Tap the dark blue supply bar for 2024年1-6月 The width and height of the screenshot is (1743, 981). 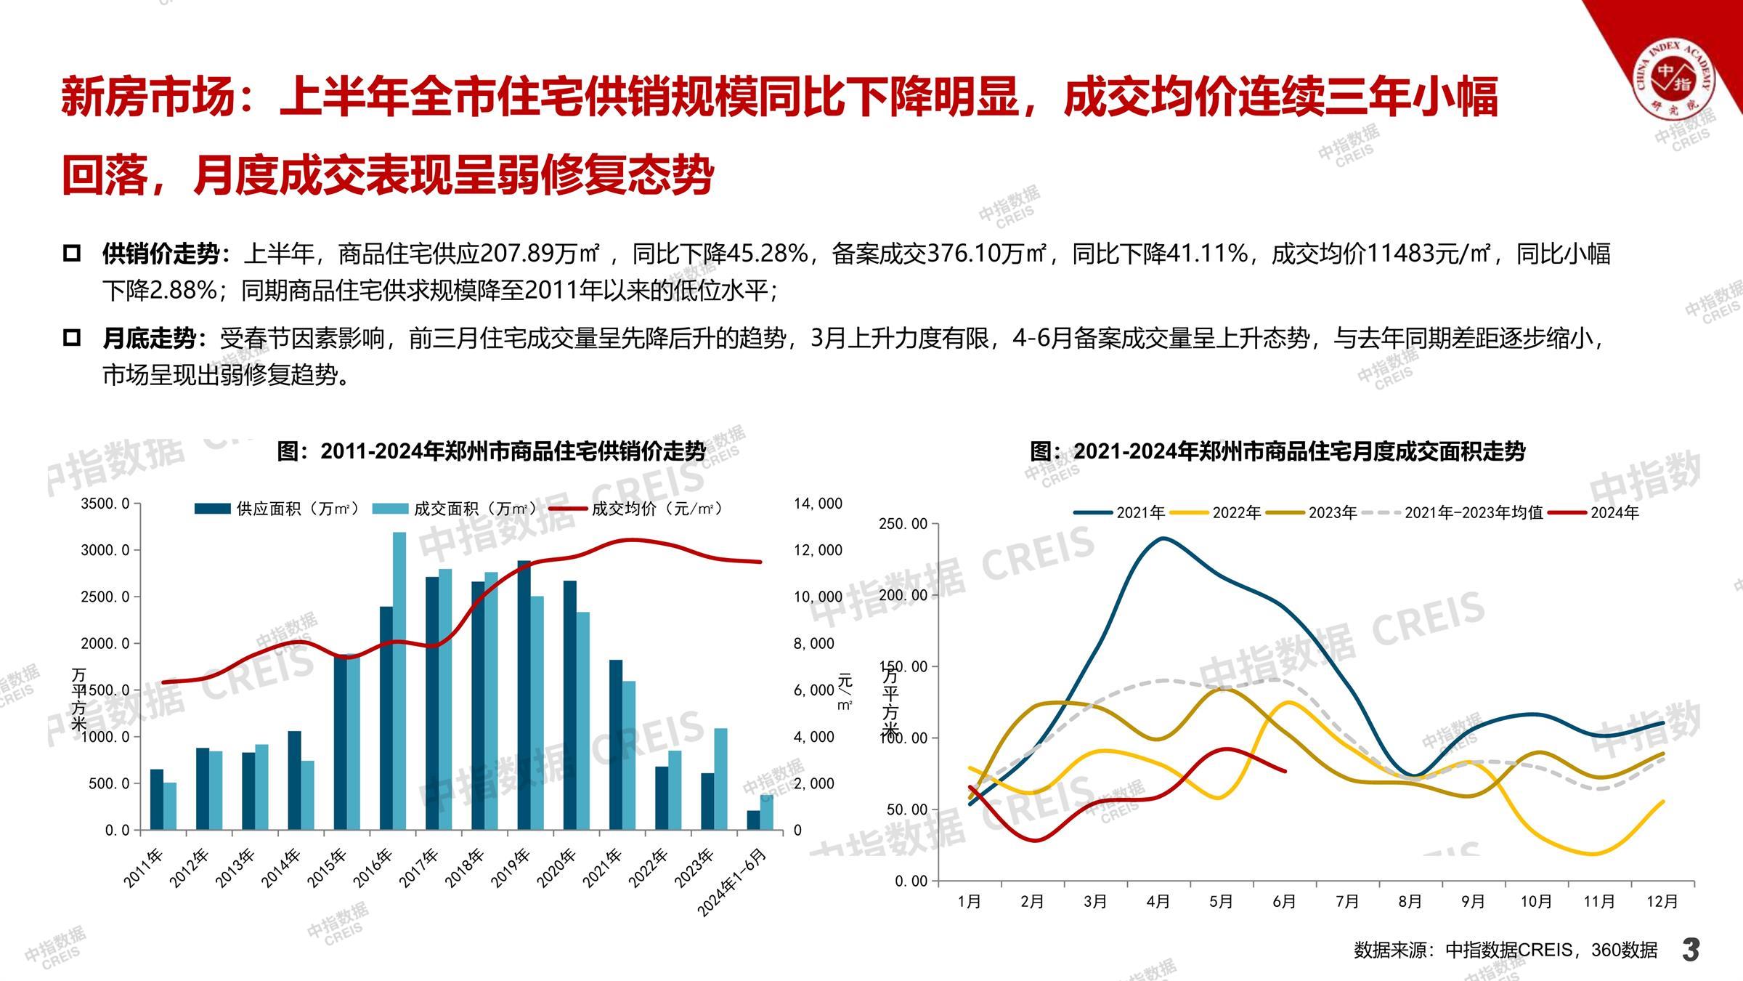pos(753,820)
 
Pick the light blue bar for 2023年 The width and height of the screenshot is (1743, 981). pos(720,779)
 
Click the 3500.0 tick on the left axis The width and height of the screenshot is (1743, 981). pos(106,504)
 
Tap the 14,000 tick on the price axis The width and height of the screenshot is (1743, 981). pos(818,504)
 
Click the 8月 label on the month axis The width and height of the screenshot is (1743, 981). pos(1410,902)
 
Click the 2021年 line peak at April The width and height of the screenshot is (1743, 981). pos(1163,538)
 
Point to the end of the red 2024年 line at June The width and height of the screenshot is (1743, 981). pos(1285,771)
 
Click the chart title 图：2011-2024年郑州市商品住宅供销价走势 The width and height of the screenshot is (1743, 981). pos(491,451)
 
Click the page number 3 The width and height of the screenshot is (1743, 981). pos(1691,949)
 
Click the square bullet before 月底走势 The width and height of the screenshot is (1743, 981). pos(72,338)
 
